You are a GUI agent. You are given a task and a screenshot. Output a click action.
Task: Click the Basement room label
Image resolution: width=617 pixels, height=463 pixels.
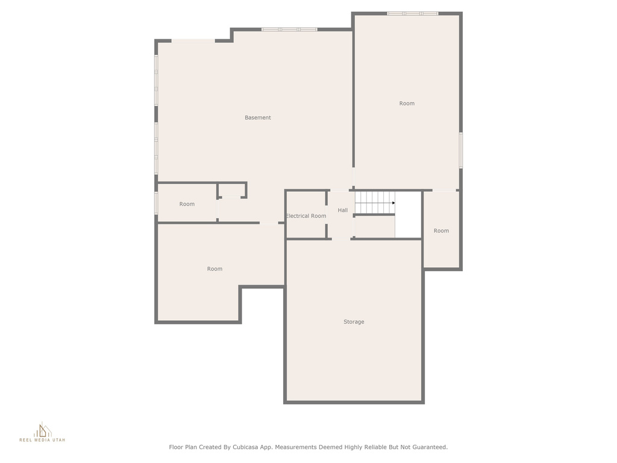coord(258,118)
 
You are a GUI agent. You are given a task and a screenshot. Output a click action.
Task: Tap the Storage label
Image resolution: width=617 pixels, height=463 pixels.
coord(354,322)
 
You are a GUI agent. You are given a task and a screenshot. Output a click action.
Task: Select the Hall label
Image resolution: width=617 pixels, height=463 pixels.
coord(343,210)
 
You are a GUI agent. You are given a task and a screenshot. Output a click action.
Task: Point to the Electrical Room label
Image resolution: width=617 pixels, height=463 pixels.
coord(306,216)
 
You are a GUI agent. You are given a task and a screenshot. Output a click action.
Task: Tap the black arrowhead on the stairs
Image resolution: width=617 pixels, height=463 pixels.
coord(393,203)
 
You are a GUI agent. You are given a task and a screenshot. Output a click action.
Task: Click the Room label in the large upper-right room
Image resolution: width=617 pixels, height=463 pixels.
coord(407,103)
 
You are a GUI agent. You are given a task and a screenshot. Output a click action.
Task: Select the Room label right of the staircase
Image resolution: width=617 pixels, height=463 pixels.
coord(441,231)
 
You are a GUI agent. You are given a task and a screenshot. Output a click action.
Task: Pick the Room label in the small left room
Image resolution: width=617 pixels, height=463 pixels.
coord(187,204)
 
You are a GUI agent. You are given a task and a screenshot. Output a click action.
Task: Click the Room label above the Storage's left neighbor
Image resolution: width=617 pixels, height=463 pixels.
coord(215,269)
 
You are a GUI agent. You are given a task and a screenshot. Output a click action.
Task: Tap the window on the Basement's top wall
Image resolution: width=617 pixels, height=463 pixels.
coord(290,29)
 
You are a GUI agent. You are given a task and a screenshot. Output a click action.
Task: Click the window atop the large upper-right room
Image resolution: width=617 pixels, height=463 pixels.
coord(412,13)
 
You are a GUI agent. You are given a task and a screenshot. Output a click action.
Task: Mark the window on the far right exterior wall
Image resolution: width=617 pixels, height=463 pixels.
coord(461,150)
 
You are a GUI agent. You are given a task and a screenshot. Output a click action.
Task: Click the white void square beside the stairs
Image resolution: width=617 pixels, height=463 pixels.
coord(409,215)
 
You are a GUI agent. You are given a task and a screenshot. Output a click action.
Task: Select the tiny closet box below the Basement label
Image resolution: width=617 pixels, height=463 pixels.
coord(232,190)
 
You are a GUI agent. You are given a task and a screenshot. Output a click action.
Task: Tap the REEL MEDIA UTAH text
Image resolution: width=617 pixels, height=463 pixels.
coord(43,439)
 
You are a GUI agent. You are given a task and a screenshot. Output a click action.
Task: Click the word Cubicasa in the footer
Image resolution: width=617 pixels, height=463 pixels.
coord(246,447)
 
